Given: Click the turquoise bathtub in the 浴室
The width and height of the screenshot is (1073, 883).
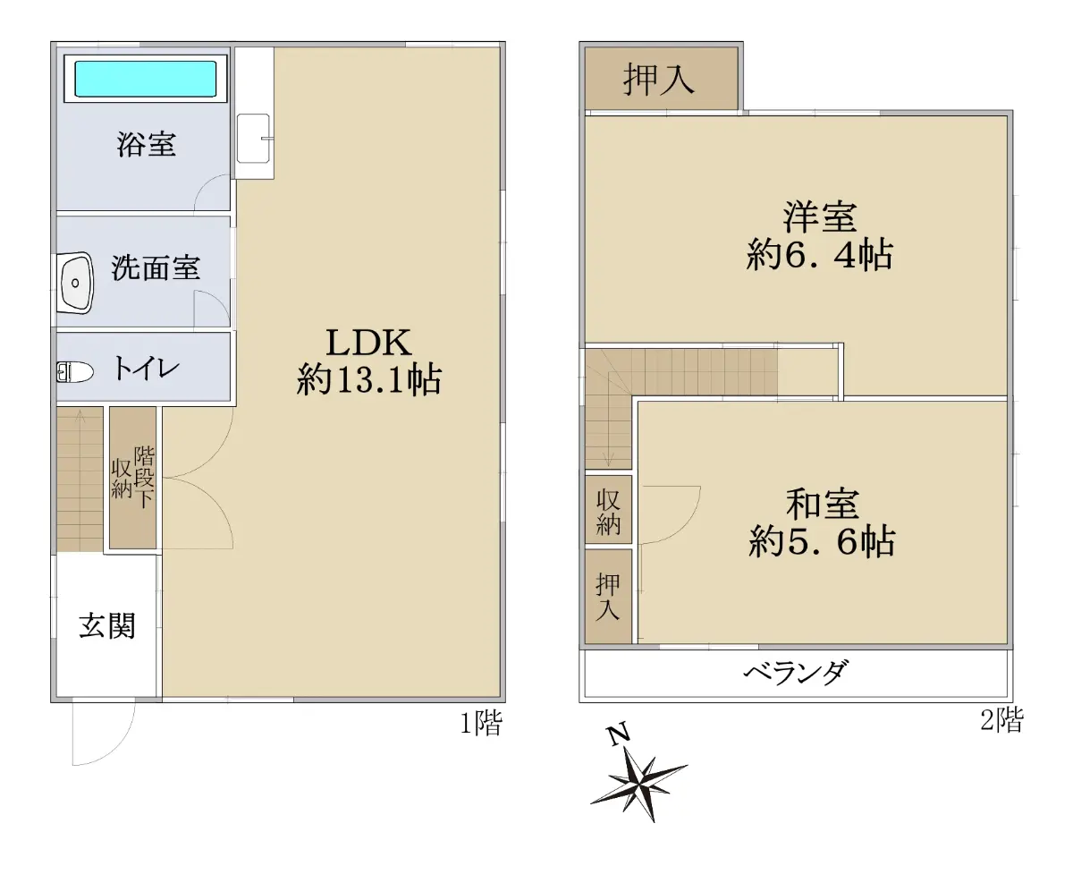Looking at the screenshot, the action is (x=146, y=79).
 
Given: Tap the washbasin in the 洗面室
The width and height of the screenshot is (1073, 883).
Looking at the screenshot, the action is (x=76, y=283).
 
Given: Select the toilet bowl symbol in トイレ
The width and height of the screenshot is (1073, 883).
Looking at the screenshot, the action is (x=75, y=371).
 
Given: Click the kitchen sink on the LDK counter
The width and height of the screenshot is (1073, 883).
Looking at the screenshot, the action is (x=253, y=138).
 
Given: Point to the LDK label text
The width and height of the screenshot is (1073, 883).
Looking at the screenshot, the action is (x=368, y=343).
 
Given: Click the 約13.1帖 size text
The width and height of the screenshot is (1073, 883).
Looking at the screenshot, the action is (x=369, y=379).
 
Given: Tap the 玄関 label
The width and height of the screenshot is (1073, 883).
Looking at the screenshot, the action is (x=107, y=625).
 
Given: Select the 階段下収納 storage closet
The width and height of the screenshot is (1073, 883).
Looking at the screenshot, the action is (x=133, y=478).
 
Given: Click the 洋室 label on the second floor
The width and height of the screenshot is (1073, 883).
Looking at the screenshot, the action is (x=820, y=217).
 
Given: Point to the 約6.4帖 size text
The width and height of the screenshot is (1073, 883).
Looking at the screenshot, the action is (x=819, y=254).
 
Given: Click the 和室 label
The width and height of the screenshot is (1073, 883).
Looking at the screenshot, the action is (x=822, y=504).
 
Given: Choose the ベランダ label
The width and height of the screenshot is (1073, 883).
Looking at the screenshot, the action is (x=796, y=672).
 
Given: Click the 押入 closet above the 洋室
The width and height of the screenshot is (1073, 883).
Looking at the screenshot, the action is (x=661, y=78).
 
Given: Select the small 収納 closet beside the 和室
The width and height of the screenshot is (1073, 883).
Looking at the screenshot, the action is (x=608, y=509).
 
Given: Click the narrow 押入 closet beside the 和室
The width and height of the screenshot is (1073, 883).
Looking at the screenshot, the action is (x=608, y=597).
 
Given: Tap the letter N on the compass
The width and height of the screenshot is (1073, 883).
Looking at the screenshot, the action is (x=619, y=734).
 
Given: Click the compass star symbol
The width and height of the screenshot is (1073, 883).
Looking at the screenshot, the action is (x=640, y=786).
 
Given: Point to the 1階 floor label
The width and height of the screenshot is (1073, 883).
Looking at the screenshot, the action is (x=481, y=723).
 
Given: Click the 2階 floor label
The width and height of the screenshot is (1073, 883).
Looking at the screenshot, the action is (x=1002, y=719).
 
